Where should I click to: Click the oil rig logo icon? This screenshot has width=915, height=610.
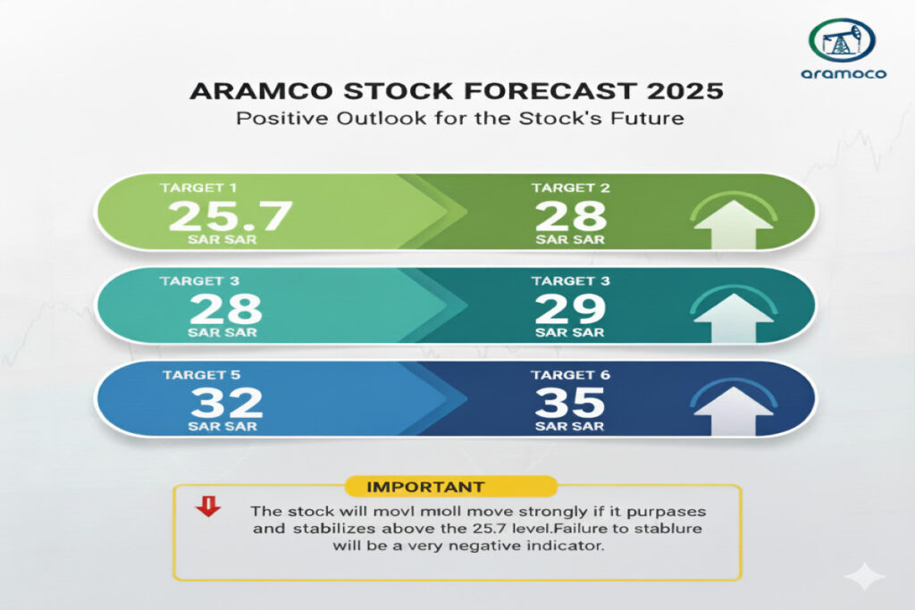842,39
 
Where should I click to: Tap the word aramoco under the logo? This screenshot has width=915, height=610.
844,73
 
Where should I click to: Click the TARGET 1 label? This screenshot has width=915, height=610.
198,188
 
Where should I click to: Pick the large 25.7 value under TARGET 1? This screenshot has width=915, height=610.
230,216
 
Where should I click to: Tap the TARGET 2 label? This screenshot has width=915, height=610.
570,188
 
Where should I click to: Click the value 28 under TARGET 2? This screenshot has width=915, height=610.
571,216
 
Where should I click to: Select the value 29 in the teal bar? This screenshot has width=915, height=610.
570,309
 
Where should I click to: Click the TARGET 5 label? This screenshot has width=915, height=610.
201,375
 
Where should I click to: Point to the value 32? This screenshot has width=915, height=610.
226,403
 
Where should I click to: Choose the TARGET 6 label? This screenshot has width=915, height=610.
570,375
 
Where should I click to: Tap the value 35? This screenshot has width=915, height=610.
570,403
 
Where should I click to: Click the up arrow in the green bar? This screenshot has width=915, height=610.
733,224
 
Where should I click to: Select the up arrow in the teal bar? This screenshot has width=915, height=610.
733,318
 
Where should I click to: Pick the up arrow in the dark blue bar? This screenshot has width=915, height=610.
733,411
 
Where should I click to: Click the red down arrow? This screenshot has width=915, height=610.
208,506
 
